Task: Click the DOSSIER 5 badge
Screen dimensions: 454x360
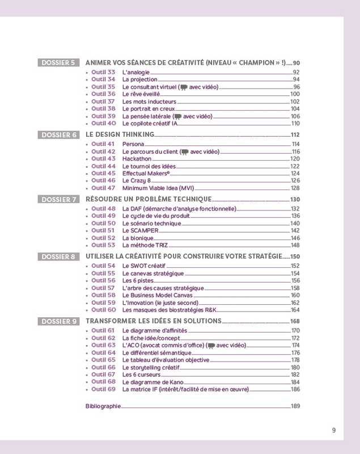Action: click(58, 62)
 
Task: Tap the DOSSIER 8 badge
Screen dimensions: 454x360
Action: click(58, 257)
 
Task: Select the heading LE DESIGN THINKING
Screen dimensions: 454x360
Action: click(120, 134)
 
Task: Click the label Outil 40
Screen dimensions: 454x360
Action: click(103, 123)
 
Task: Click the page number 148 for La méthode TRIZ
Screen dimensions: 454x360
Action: click(295, 245)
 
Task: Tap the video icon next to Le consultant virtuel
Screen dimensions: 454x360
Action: click(184, 87)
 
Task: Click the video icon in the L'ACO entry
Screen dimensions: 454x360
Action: click(211, 346)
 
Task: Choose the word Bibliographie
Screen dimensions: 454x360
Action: click(103, 406)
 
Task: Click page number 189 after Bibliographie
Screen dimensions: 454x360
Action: click(295, 406)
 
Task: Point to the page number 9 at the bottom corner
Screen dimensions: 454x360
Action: click(334, 430)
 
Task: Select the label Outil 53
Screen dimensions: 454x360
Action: click(103, 245)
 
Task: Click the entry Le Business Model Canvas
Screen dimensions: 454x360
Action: click(157, 295)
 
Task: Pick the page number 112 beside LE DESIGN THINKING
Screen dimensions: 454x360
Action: click(295, 134)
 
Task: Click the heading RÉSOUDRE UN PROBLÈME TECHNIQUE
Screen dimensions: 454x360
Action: click(149, 199)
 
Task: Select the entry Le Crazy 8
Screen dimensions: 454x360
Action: click(136, 180)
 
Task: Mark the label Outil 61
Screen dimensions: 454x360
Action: click(103, 330)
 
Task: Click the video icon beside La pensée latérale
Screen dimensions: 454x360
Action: click(178, 116)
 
